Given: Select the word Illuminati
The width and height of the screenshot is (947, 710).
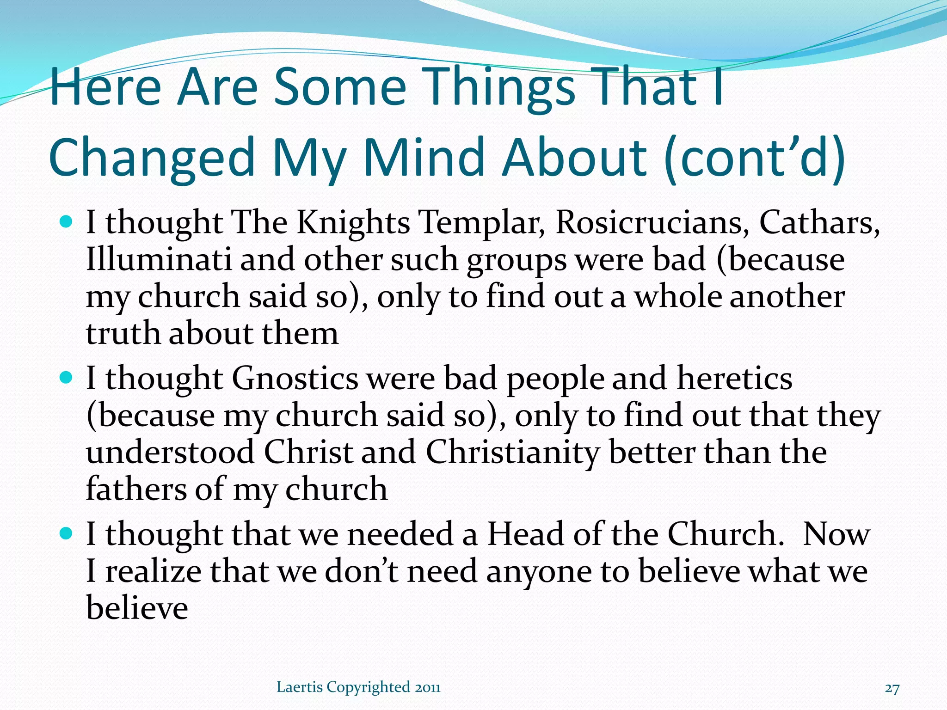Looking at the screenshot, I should (x=159, y=260).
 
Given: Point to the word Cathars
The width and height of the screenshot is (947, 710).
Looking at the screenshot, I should (x=819, y=223).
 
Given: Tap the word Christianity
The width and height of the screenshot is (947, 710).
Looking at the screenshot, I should (x=512, y=453).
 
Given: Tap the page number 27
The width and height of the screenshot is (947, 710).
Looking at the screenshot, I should (x=892, y=688).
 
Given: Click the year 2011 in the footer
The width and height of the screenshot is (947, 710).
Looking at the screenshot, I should (x=428, y=687).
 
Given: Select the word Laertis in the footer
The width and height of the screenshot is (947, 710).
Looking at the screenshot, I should (x=299, y=687).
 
